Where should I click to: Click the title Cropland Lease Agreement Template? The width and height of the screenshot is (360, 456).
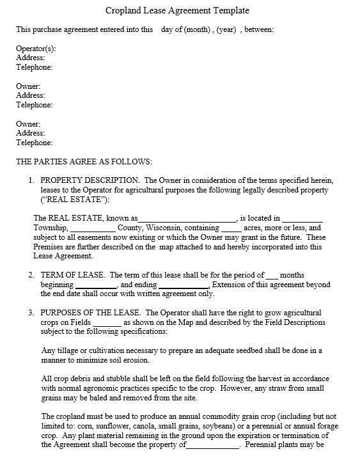177,11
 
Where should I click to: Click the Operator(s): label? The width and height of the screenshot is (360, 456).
36,49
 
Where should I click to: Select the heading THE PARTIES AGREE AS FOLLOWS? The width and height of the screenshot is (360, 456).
84,162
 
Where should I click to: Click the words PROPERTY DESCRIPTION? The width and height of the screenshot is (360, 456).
90,181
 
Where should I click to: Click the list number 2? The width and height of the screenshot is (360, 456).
31,275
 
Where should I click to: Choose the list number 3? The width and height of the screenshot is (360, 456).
31,313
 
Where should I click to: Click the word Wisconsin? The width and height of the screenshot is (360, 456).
166,228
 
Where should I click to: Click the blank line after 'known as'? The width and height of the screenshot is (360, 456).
187,219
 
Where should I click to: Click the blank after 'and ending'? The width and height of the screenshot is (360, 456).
184,285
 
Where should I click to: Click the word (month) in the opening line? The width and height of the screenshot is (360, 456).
200,29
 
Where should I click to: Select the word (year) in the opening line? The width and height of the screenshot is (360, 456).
227,29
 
